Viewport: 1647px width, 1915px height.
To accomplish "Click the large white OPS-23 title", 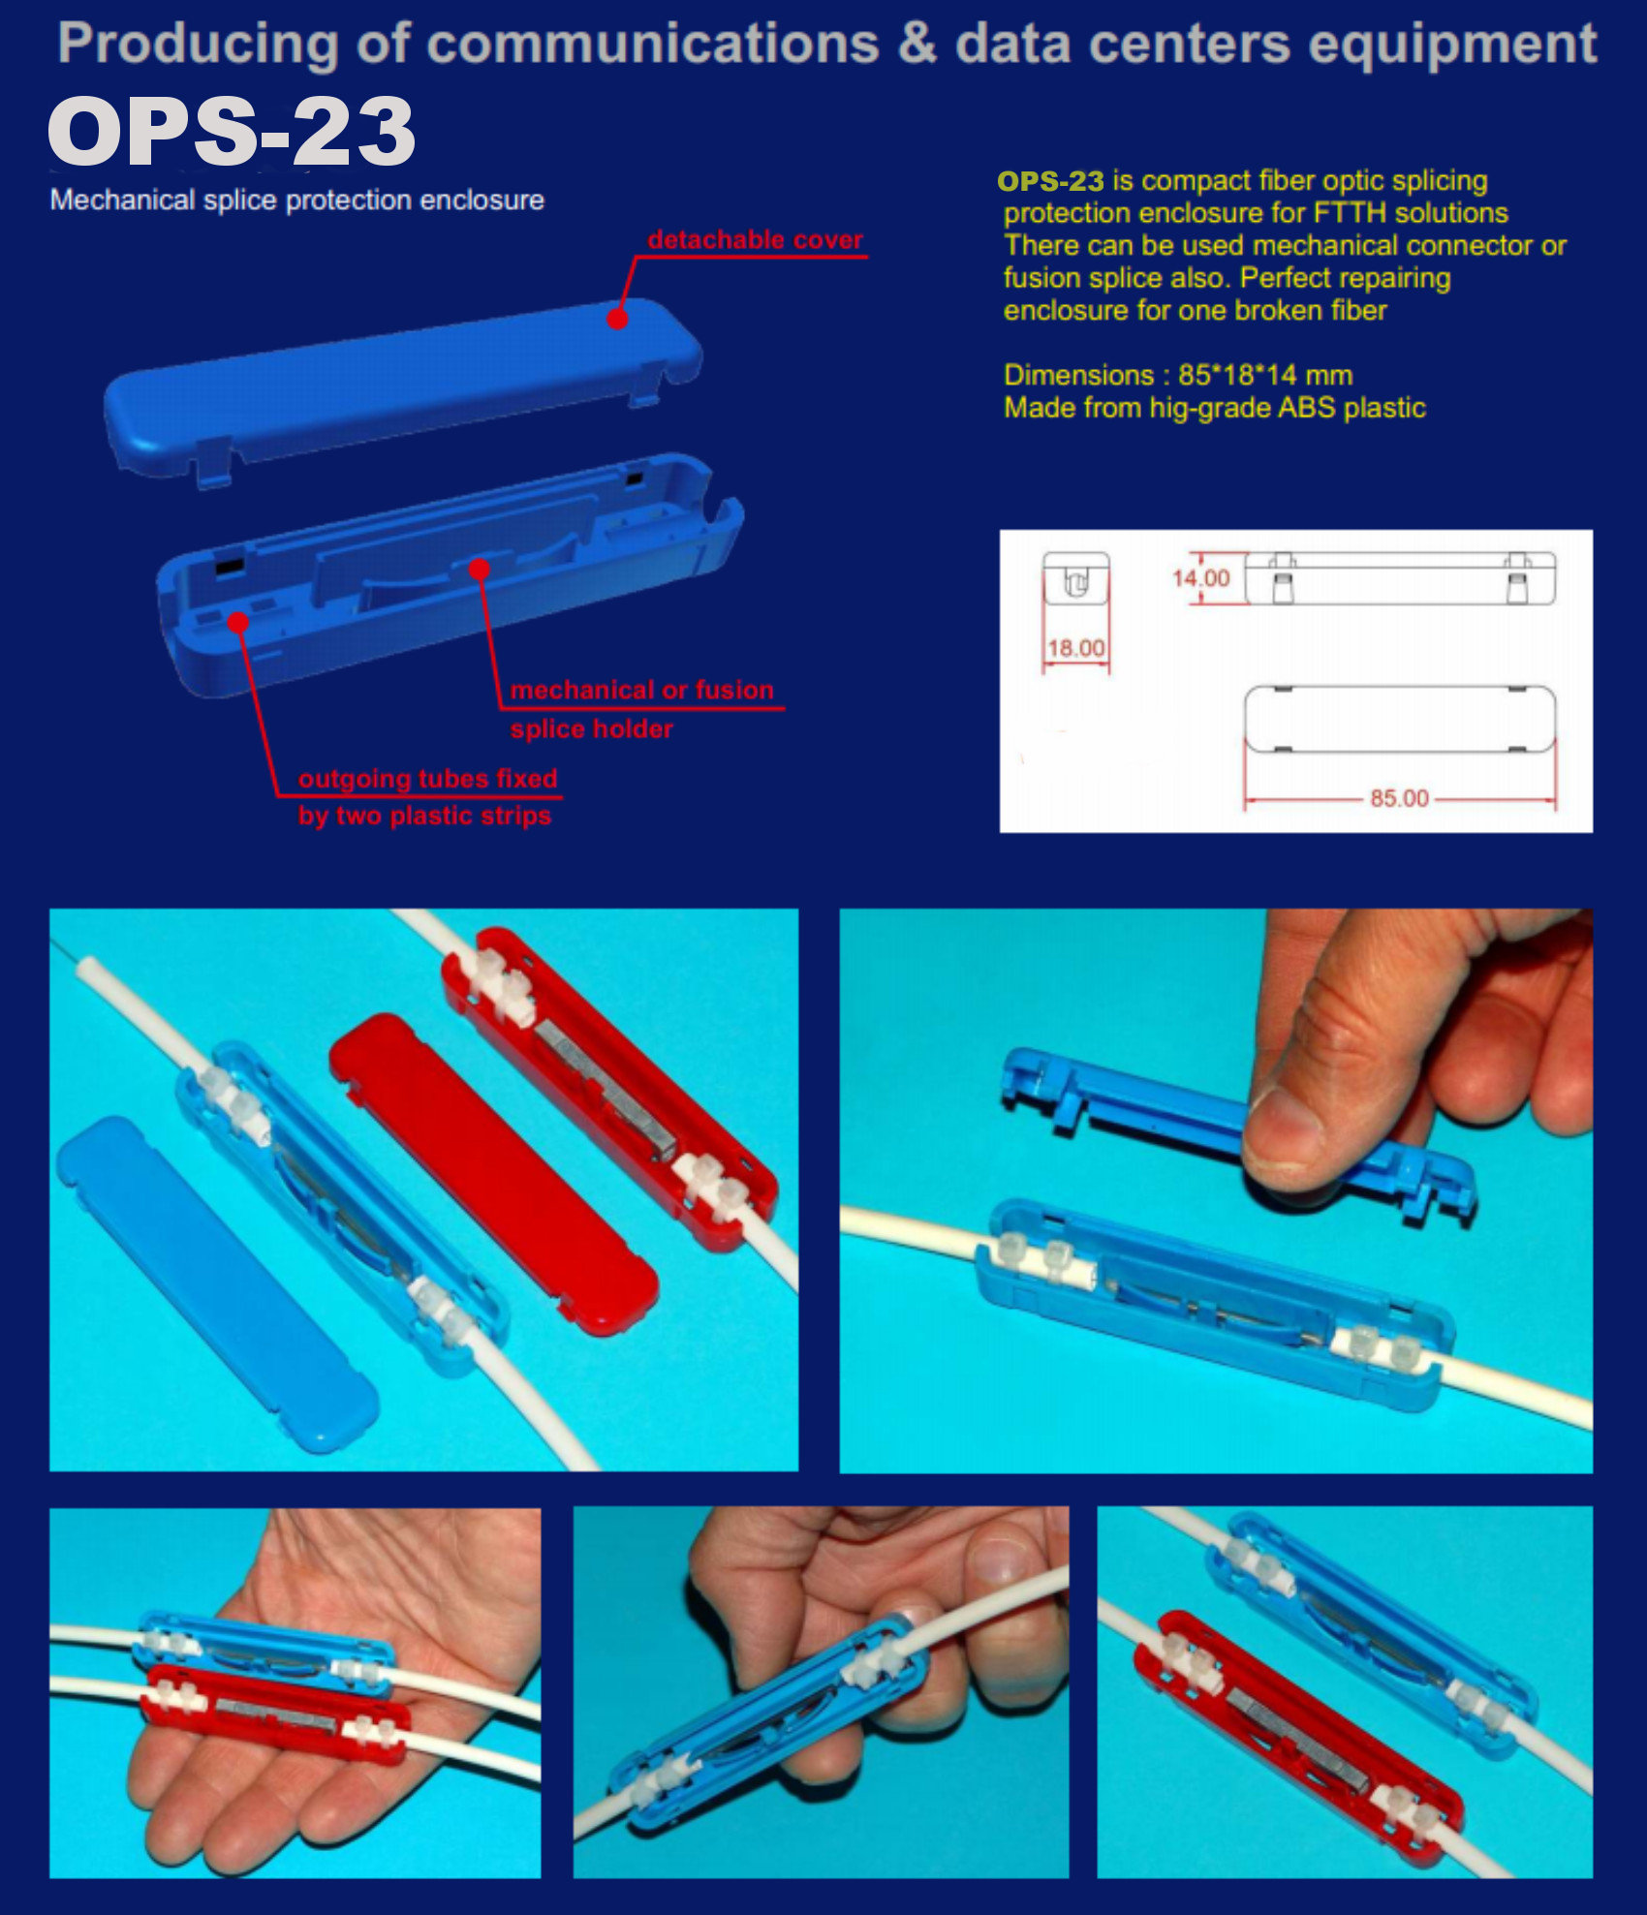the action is coord(232,132).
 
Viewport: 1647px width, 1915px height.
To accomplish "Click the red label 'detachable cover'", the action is coord(755,240).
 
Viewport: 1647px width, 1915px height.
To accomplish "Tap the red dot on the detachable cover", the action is coord(617,318).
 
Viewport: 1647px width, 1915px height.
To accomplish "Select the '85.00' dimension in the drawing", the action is coord(1399,798).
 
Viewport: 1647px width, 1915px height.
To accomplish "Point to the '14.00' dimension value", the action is coord(1200,578).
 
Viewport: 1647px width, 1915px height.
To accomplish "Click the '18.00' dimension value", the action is coord(1075,648).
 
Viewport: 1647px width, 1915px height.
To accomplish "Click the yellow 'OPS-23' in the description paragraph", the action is coord(1050,181).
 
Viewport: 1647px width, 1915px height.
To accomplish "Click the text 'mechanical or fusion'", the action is coord(642,690).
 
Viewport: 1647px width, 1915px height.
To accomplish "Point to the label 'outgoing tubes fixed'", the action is coord(427,779).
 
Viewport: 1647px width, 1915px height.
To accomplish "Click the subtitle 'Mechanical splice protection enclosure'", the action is coord(296,201).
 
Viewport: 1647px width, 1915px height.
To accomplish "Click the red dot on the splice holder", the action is coord(479,569).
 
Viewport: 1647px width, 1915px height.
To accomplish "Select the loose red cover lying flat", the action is coord(494,1173).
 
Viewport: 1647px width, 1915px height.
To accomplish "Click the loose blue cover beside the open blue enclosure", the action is coord(217,1283).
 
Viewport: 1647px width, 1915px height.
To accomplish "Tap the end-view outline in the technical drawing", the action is coord(1075,577).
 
